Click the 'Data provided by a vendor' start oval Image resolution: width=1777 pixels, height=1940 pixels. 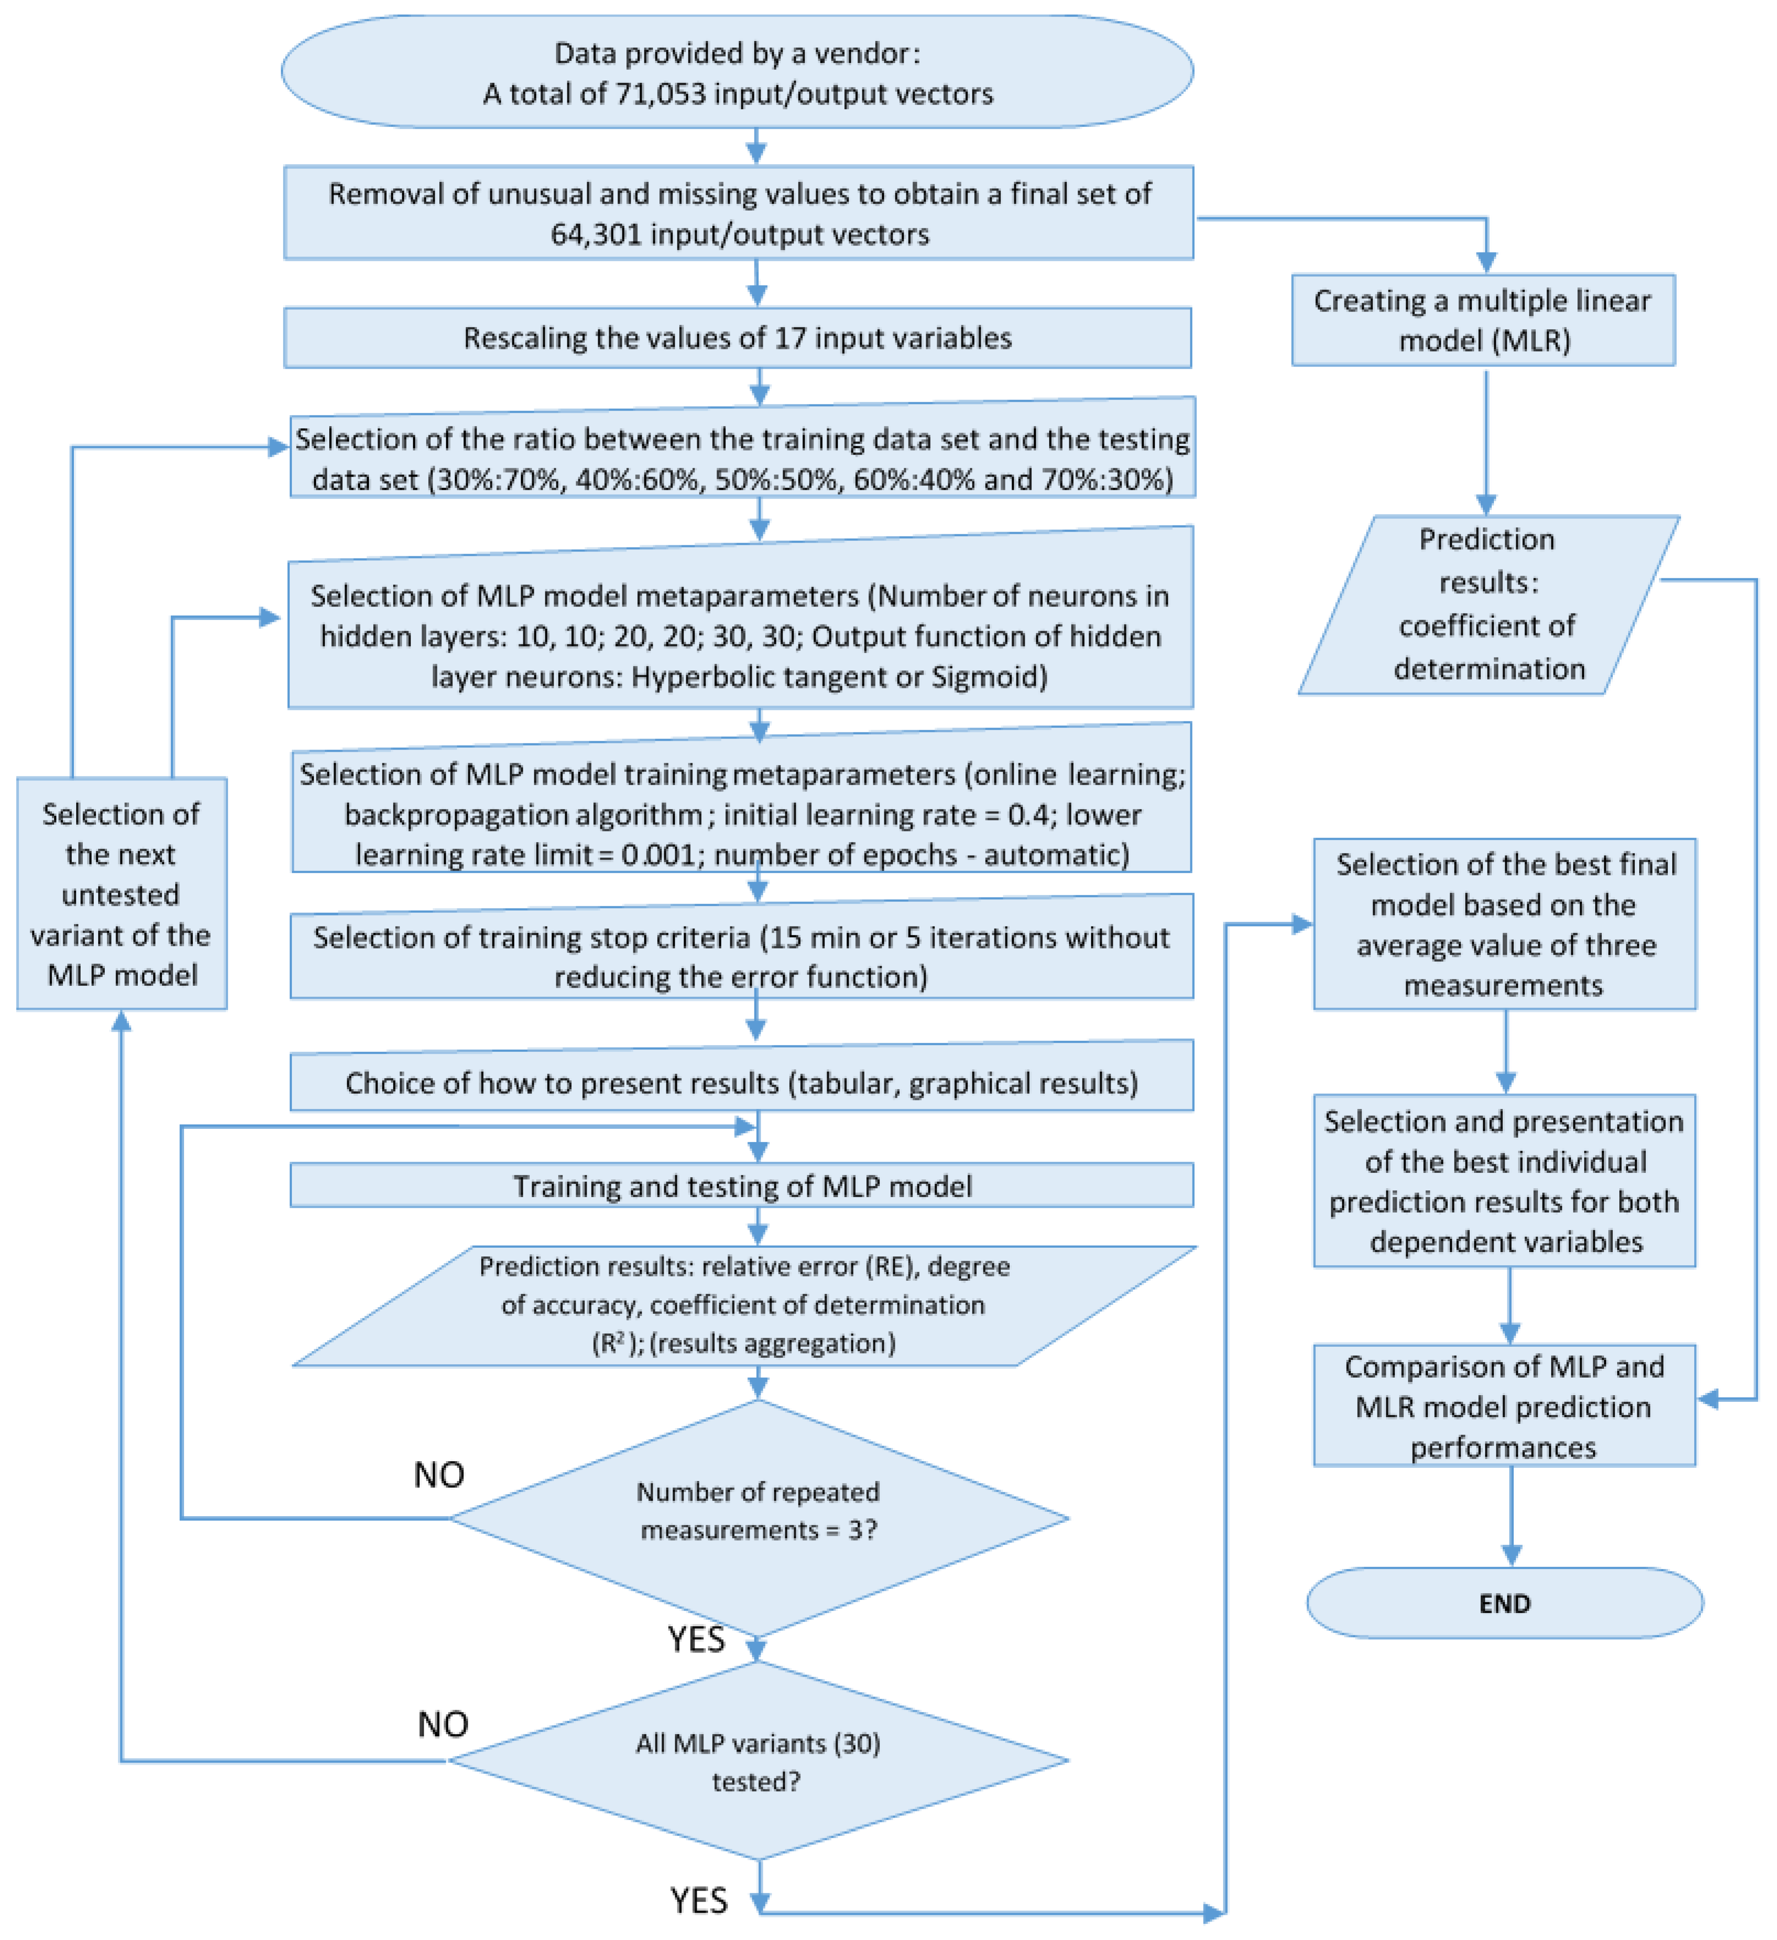pos(737,71)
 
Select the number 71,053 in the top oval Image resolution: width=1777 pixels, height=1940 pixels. pos(659,93)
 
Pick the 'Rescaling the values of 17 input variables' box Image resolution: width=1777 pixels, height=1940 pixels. pos(737,338)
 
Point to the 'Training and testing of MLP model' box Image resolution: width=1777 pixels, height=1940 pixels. pos(742,1186)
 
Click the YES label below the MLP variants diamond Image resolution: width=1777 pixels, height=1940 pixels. pos(699,1900)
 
